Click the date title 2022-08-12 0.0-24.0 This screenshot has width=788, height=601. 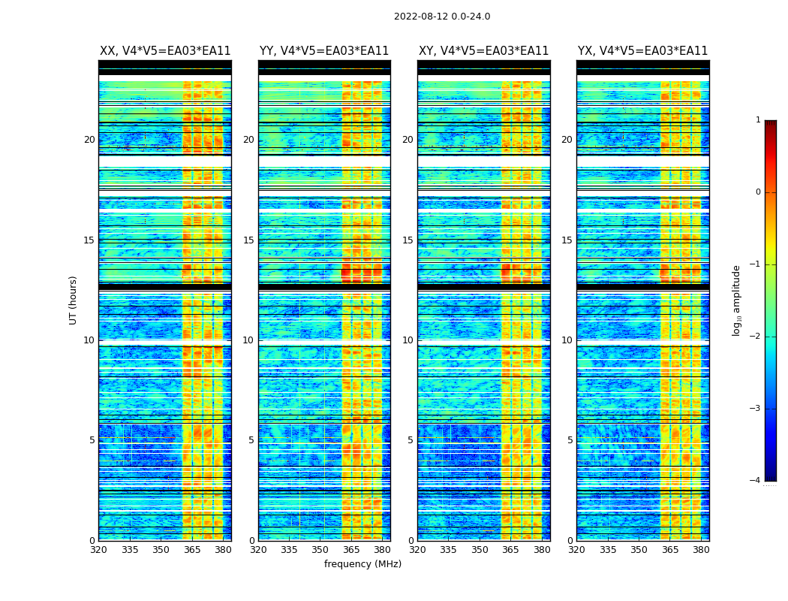pos(442,17)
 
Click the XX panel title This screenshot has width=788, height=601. pos(165,51)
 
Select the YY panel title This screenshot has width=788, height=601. pos(324,51)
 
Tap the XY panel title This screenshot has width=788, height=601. pos(483,51)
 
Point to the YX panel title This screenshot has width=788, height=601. pos(642,51)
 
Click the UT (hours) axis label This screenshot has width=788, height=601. pos(74,300)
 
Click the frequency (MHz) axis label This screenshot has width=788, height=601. pos(362,564)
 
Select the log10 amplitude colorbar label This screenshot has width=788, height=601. pos(737,300)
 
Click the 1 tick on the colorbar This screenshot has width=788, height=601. pos(758,120)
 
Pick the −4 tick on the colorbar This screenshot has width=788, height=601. pos(756,481)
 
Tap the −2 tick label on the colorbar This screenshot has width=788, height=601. pos(756,337)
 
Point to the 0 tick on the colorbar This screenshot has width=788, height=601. pos(758,192)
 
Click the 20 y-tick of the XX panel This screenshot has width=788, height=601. pos(89,140)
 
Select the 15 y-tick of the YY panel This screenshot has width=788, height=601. pos(248,240)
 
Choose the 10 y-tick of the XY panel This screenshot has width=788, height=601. pos(408,340)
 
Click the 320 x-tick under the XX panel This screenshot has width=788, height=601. pos(98,550)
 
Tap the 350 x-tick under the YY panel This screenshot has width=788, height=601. pos(320,550)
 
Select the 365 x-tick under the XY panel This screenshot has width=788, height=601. pos(510,550)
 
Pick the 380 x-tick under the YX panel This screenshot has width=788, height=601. pos(701,550)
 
